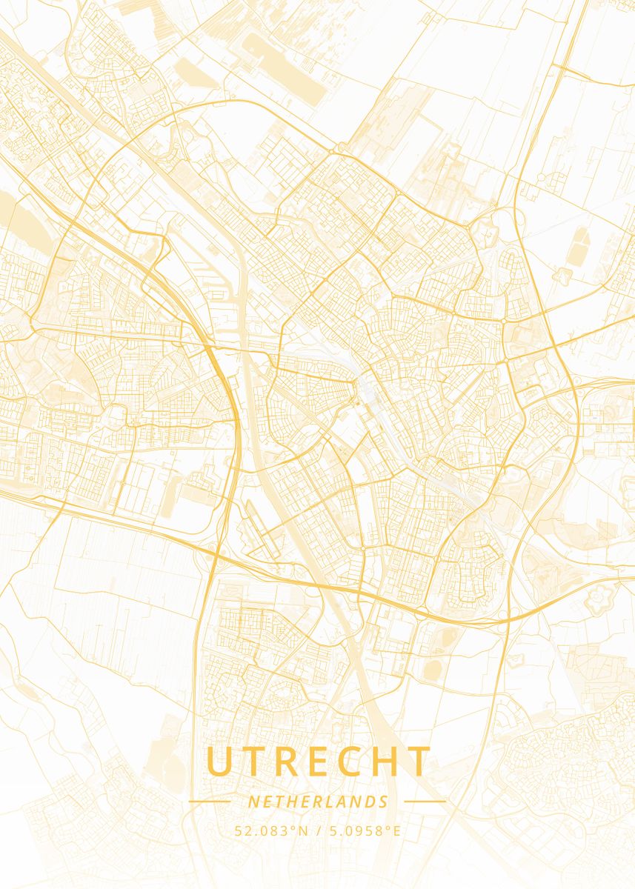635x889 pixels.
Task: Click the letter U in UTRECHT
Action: (221, 762)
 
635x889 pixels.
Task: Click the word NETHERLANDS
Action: (318, 802)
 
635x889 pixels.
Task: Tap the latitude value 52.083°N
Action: (271, 831)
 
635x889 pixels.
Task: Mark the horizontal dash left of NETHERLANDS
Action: (210, 801)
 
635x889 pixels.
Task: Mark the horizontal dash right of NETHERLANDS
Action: (425, 801)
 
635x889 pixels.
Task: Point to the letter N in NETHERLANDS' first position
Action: (253, 802)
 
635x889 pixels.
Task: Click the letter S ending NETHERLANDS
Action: (384, 802)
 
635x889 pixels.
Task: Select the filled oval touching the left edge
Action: (6, 207)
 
